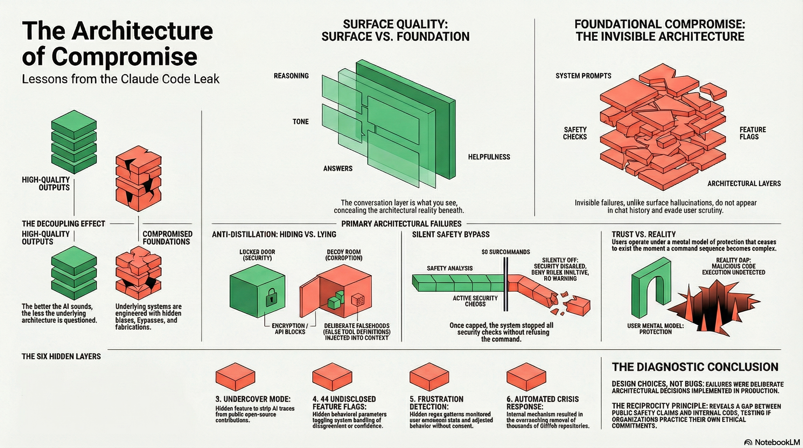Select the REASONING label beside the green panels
291,76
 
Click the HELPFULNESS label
489,157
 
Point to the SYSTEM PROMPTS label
583,76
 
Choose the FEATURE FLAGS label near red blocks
753,133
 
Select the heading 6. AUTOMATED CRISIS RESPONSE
542,403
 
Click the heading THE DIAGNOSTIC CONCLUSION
695,367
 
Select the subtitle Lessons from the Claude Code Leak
121,79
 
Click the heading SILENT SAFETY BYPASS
451,234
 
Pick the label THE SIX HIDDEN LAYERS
61,356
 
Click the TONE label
301,122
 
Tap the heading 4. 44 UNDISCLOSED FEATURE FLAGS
344,403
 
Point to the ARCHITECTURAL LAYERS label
744,183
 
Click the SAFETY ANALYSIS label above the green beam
450,268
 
